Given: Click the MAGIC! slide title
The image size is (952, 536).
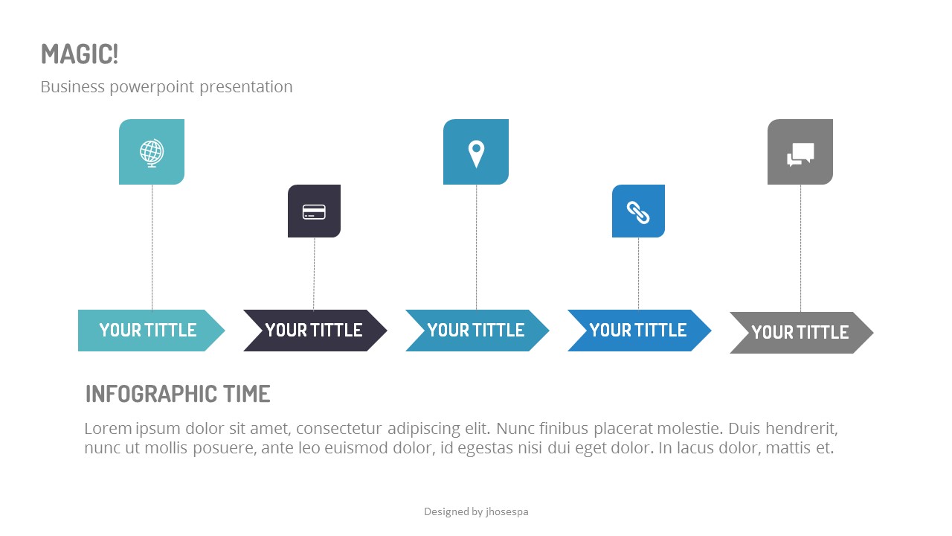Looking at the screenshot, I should pos(80,54).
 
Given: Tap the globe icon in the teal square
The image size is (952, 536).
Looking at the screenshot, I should pos(152,152).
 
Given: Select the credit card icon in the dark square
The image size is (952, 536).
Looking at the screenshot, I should pos(314,211).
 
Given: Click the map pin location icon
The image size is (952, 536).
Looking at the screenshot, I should pos(476,154).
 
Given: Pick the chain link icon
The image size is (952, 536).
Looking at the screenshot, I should pos(638,212).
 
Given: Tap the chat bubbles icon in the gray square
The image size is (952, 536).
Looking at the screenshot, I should pos(800,153).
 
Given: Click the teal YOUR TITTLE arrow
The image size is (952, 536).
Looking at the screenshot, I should pos(149,331).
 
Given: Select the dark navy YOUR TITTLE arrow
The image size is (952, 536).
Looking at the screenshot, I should pos(314,331).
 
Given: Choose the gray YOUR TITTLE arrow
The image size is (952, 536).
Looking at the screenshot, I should pos(800,333).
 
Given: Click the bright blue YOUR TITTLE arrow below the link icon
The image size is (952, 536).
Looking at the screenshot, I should pos(638,331).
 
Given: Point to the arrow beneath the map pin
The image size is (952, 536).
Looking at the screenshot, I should pos(476,331).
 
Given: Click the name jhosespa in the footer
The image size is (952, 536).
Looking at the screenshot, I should pos(506,511).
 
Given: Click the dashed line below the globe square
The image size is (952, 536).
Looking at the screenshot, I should pos(152,246).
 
